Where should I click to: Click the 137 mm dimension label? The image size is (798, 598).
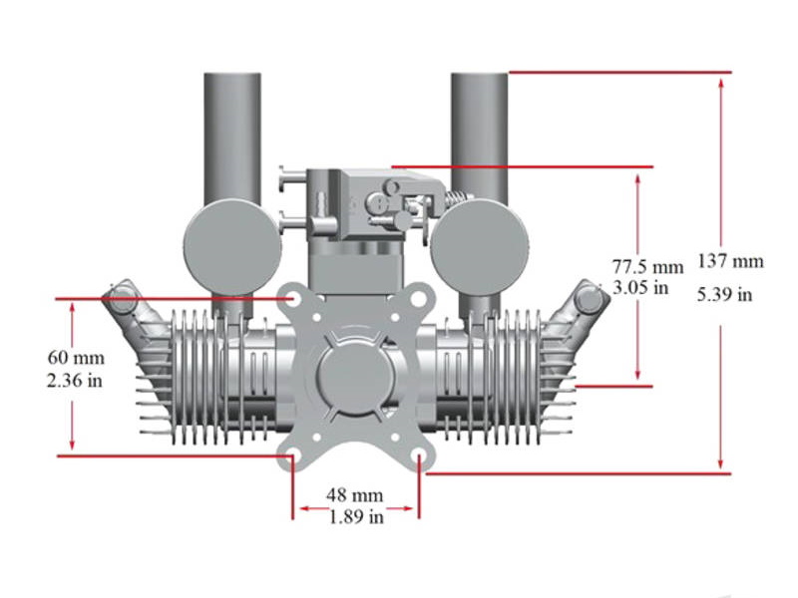[x=729, y=262]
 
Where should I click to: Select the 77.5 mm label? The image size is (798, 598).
[x=647, y=267]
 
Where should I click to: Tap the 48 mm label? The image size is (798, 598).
[x=355, y=495]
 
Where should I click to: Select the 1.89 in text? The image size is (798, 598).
[x=355, y=516]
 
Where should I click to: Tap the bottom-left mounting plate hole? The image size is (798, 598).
[x=291, y=457]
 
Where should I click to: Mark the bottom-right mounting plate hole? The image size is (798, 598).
[x=420, y=457]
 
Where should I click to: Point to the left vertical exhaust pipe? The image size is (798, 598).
[x=231, y=130]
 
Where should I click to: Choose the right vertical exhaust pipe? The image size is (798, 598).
[x=479, y=130]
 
